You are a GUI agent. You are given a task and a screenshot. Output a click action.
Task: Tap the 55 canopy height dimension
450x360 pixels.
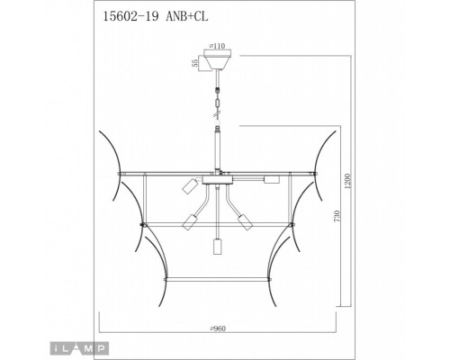[193, 62]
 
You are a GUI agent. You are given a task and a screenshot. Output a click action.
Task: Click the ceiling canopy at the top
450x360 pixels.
[216, 61]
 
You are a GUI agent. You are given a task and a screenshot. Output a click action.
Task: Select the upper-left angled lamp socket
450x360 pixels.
[190, 186]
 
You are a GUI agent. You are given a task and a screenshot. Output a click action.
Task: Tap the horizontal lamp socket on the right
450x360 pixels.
[268, 180]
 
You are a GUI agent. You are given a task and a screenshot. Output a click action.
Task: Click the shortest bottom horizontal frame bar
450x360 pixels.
[216, 281]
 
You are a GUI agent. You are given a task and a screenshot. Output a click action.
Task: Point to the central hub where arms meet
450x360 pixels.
[216, 180]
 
